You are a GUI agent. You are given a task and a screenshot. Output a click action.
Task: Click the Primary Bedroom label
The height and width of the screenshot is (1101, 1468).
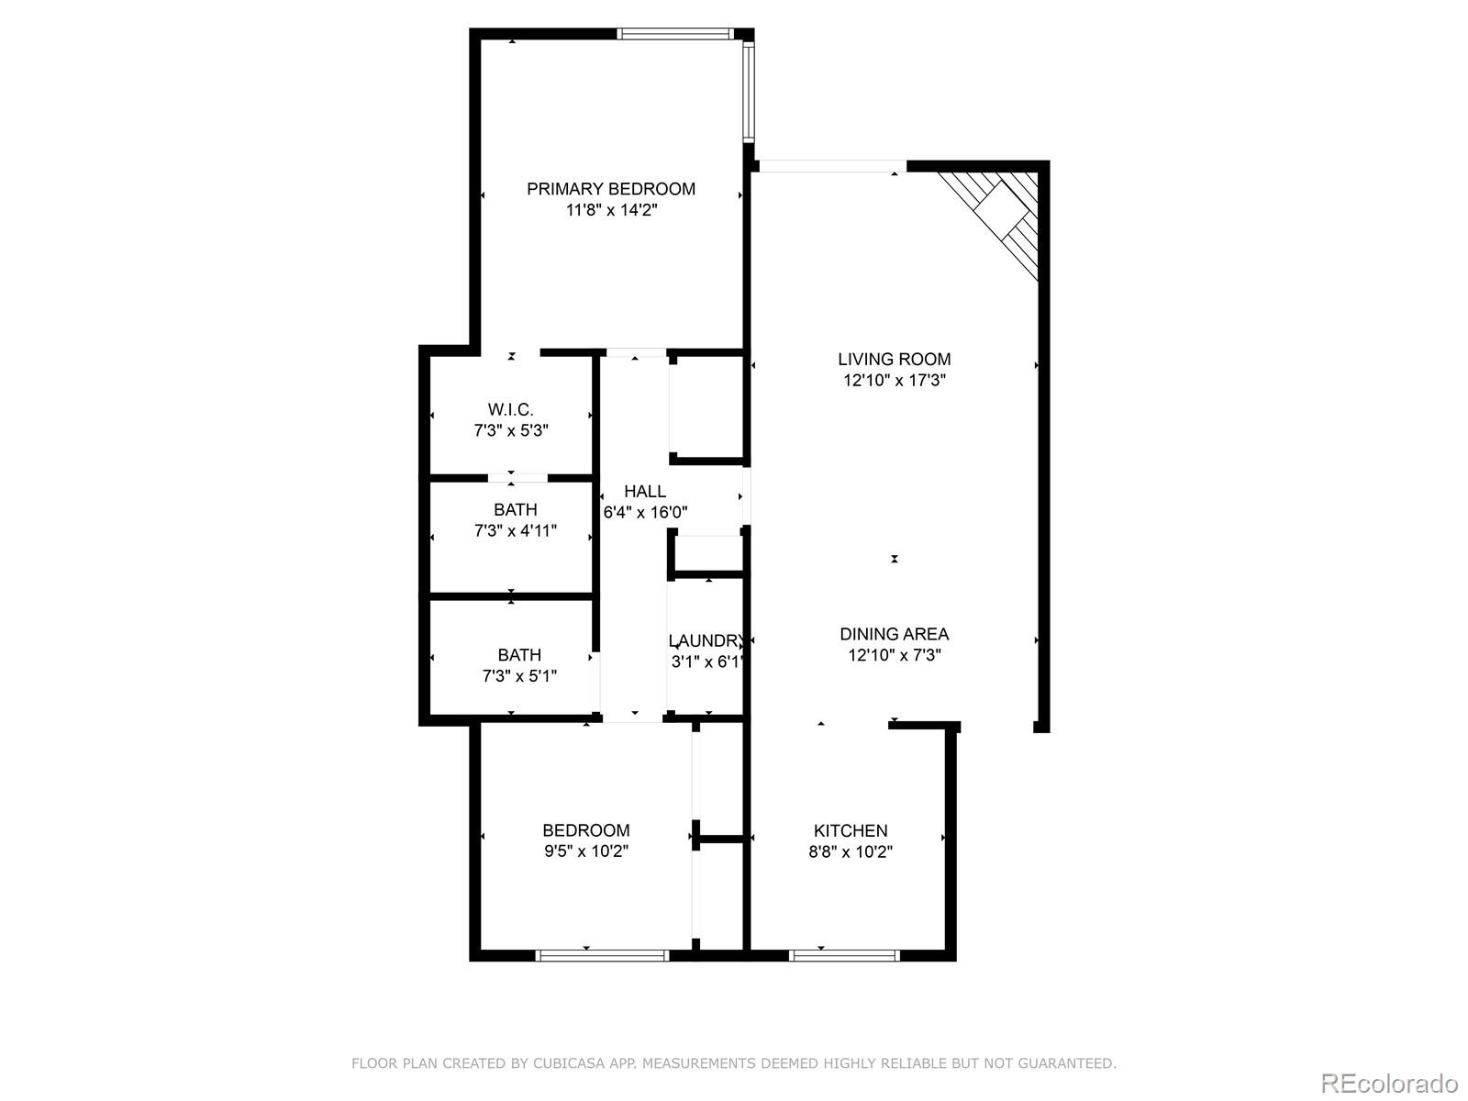(610, 189)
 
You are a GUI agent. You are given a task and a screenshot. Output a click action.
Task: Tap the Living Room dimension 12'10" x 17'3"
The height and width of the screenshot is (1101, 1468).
(895, 380)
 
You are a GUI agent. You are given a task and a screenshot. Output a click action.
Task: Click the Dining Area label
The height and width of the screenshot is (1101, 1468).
(895, 634)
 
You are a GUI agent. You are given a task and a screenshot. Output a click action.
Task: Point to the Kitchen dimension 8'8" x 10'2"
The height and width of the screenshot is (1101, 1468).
(851, 851)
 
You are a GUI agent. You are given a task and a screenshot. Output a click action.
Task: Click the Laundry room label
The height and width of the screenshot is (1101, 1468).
(705, 640)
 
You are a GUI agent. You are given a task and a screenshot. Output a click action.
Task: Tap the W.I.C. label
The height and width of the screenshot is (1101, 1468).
(510, 409)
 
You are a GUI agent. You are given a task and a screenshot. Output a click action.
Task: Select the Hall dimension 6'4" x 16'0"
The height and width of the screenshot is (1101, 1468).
(645, 513)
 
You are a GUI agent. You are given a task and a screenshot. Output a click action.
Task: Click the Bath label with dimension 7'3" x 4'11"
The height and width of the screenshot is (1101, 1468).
(515, 510)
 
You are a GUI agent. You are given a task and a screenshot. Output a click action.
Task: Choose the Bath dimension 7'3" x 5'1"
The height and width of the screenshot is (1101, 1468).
(519, 676)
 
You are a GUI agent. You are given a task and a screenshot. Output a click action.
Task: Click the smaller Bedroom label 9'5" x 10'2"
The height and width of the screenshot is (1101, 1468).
(585, 830)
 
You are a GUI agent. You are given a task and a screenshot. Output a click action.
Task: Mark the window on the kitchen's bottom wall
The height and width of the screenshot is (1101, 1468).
(844, 955)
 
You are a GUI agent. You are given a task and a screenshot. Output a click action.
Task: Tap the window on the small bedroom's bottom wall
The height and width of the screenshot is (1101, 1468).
(602, 955)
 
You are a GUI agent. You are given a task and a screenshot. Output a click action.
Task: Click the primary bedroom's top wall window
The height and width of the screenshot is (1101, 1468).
(675, 34)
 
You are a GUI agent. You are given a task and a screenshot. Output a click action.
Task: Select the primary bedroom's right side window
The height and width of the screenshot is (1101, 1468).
(748, 92)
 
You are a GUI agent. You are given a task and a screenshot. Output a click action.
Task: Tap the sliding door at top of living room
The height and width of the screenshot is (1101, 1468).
(831, 166)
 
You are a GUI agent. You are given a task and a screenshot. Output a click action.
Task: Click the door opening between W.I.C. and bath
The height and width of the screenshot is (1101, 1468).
(517, 477)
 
